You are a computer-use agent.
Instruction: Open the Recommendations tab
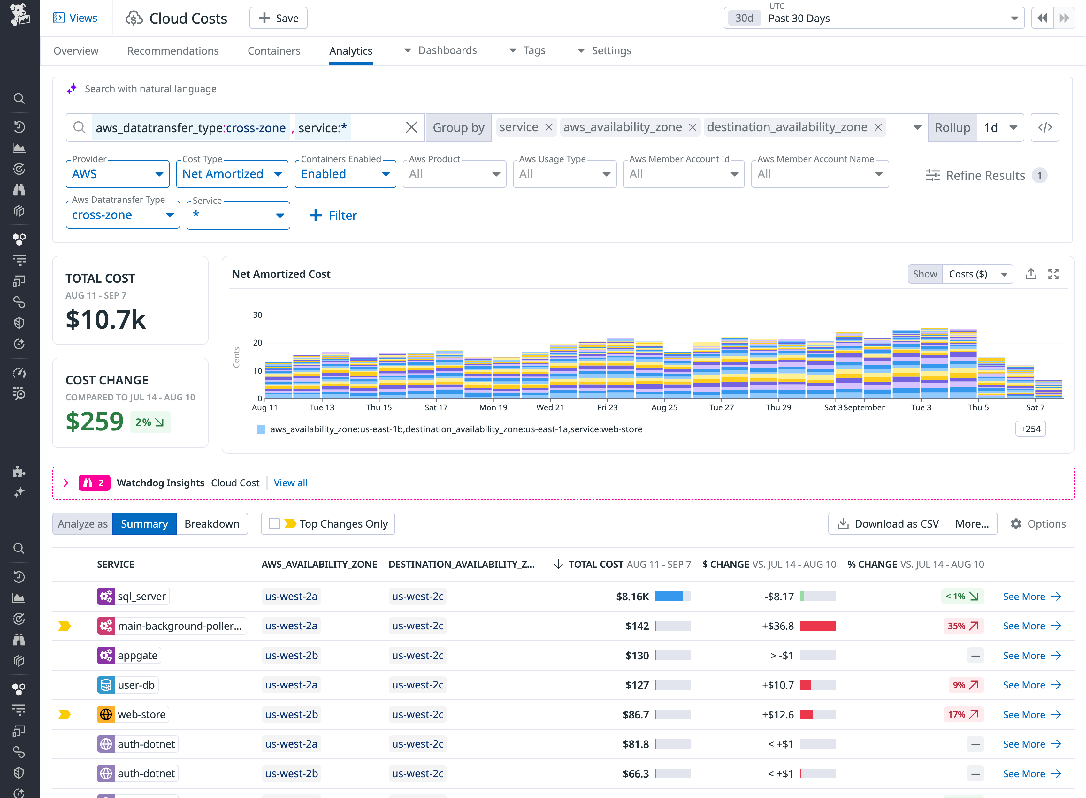tap(172, 51)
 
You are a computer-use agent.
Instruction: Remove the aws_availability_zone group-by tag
tap(692, 127)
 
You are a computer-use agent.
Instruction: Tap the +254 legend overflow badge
tap(1030, 429)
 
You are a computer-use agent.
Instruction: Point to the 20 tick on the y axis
tap(257, 343)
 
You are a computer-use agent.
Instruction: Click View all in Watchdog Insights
tap(290, 483)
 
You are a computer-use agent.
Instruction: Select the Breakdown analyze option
tap(211, 524)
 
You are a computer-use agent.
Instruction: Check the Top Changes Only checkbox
tap(274, 524)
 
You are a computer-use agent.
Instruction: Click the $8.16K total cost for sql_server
tap(632, 597)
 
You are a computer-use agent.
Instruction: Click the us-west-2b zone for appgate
tap(291, 656)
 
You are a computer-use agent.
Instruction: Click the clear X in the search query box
tap(411, 127)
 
